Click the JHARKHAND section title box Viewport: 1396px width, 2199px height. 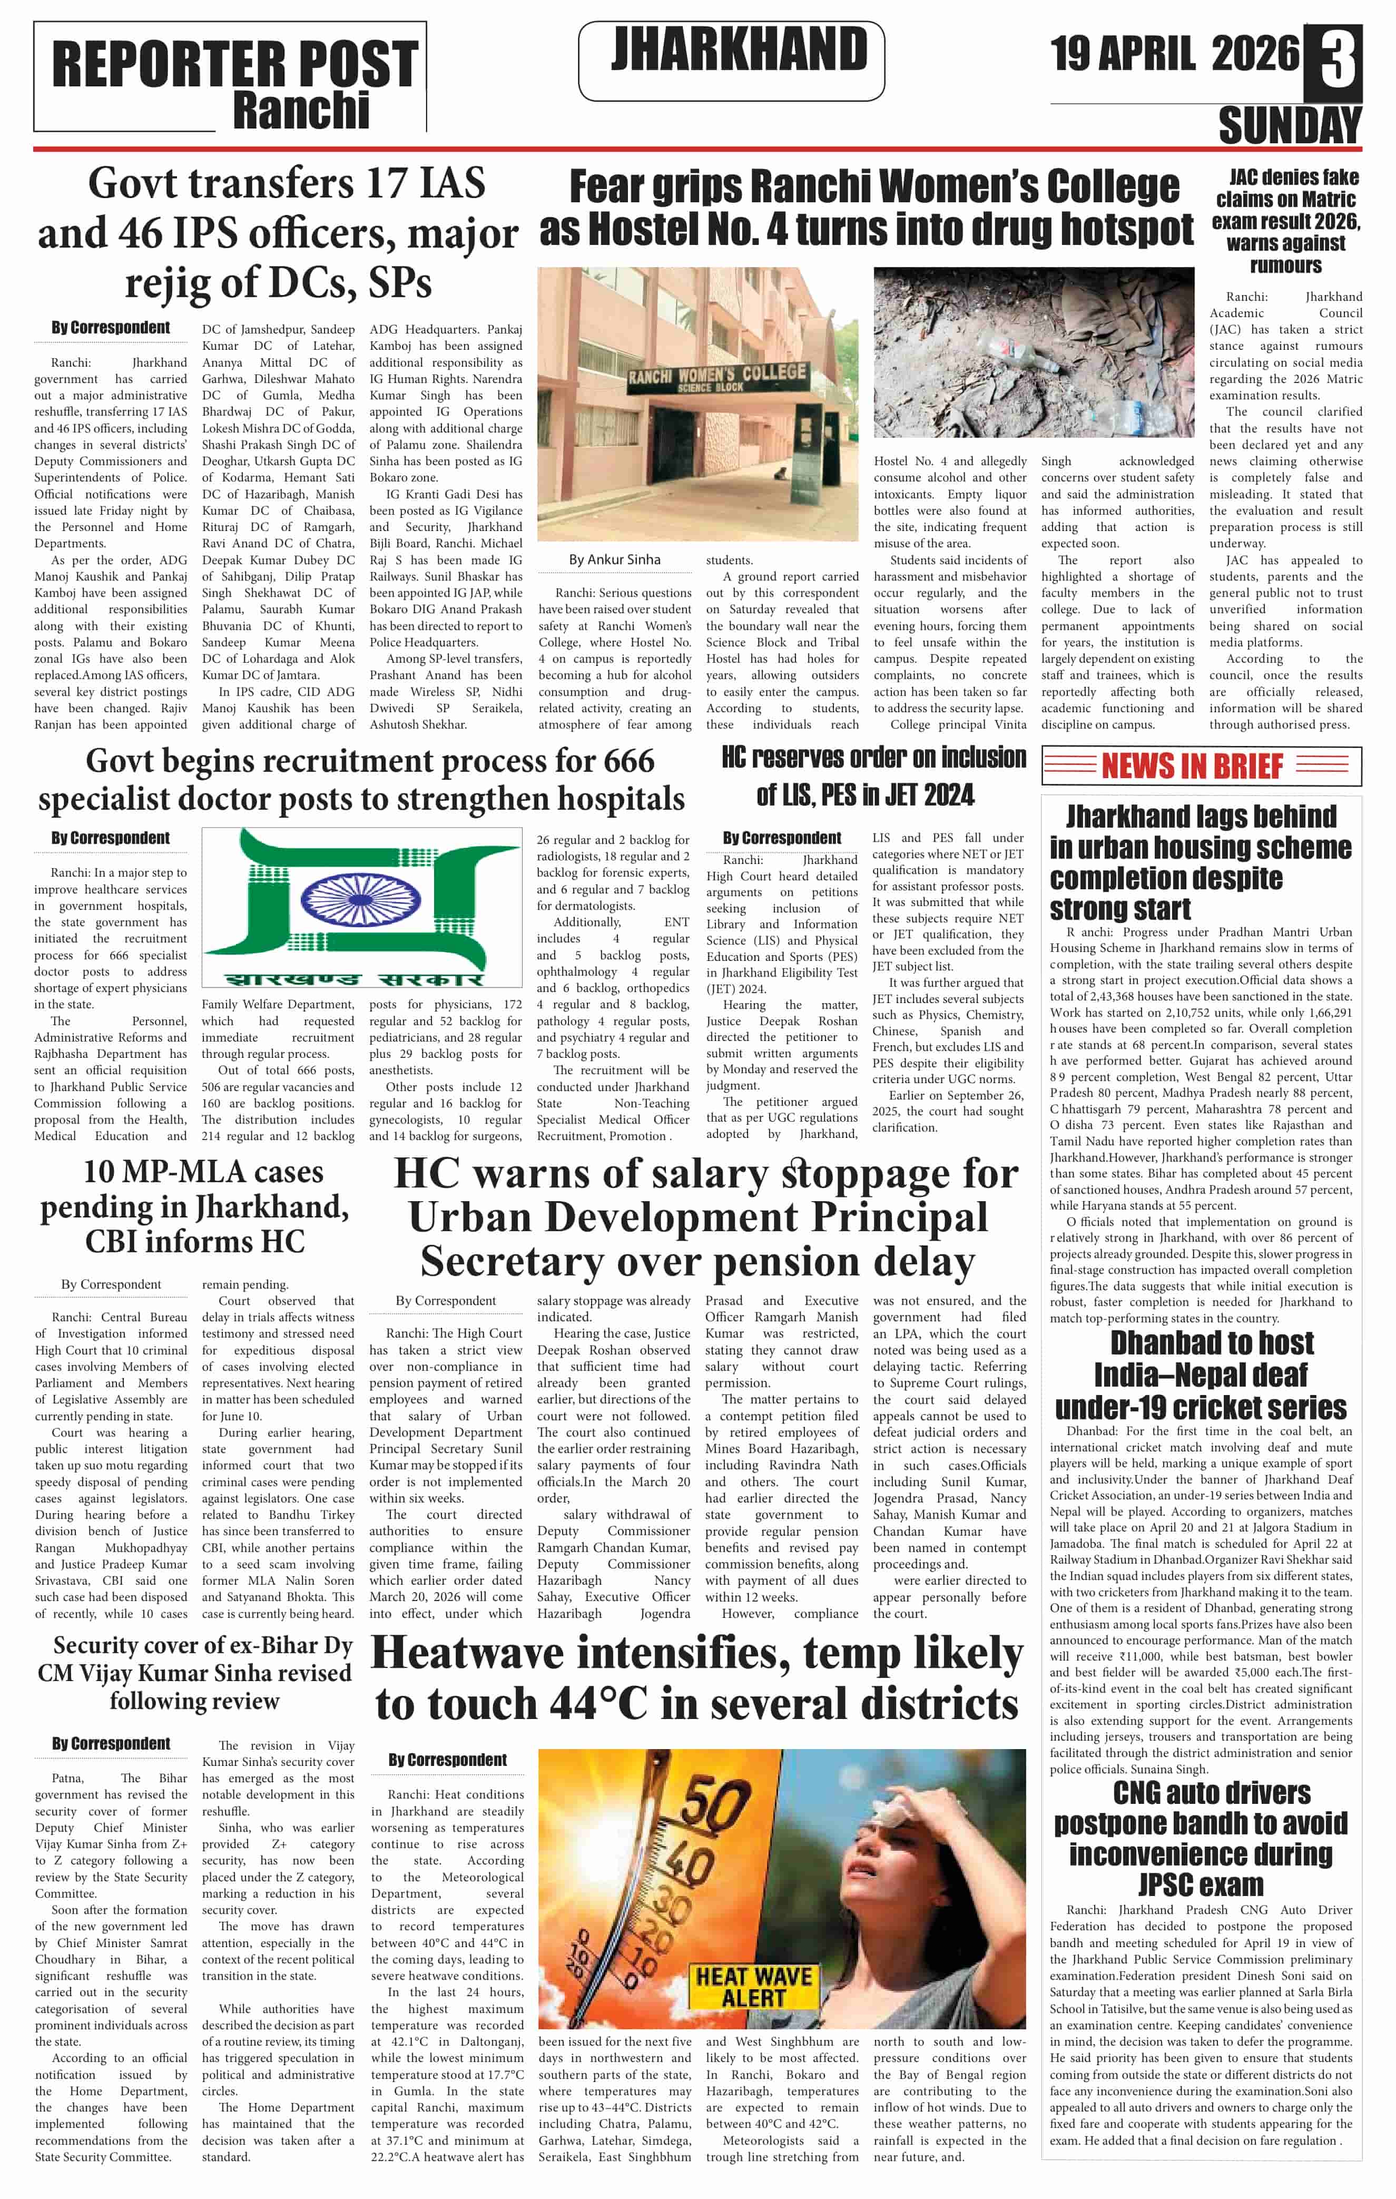[x=731, y=60]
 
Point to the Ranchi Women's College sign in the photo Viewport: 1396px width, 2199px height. [x=717, y=376]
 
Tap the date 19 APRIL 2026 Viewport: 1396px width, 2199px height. [x=1173, y=53]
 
